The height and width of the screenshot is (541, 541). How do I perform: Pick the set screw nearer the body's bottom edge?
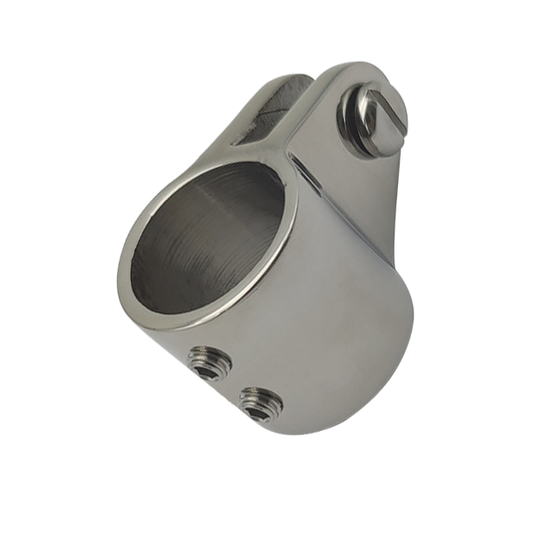point(262,401)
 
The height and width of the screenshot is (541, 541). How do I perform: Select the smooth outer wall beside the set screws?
point(338,347)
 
